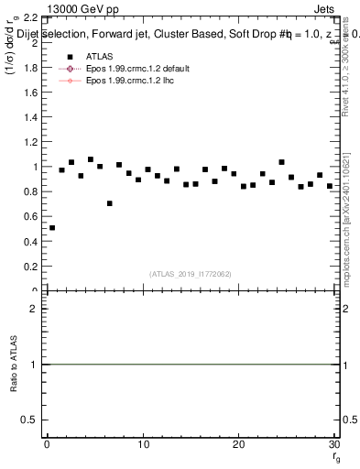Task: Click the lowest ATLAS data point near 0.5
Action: (x=52, y=228)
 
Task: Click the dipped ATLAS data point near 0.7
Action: (x=110, y=203)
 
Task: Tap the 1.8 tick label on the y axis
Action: (x=28, y=68)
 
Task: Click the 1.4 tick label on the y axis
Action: (x=28, y=117)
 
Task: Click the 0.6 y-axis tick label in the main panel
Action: (x=28, y=217)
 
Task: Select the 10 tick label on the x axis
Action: (x=142, y=444)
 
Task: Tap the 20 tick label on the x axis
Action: (x=238, y=444)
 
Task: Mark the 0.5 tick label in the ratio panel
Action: (x=28, y=420)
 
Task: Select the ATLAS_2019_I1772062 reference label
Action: (x=191, y=273)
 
